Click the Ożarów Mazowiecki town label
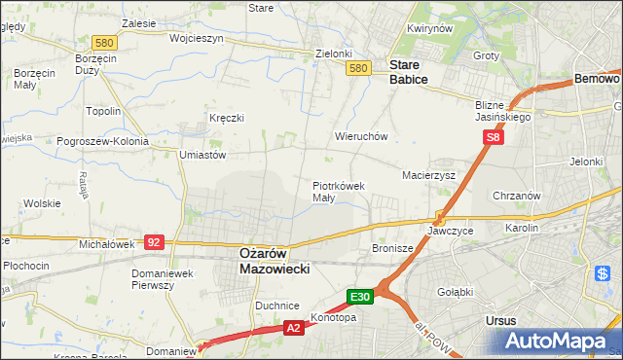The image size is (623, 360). coord(274,260)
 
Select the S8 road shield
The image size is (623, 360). coord(494,140)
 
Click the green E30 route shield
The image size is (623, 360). coord(360,295)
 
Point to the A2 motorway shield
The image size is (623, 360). coord(294,330)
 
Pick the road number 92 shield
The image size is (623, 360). coord(154,240)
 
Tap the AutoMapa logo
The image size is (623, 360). coord(559,341)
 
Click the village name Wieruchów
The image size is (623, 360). coord(361,137)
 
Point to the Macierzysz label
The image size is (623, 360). coord(429,175)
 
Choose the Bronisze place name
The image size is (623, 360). coord(392,249)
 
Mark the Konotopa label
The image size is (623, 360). coord(333,317)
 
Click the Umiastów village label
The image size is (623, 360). coord(202,155)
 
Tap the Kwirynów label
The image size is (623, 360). coord(431,29)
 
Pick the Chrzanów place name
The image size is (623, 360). coord(517,196)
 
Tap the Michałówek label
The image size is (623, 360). coord(106,244)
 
